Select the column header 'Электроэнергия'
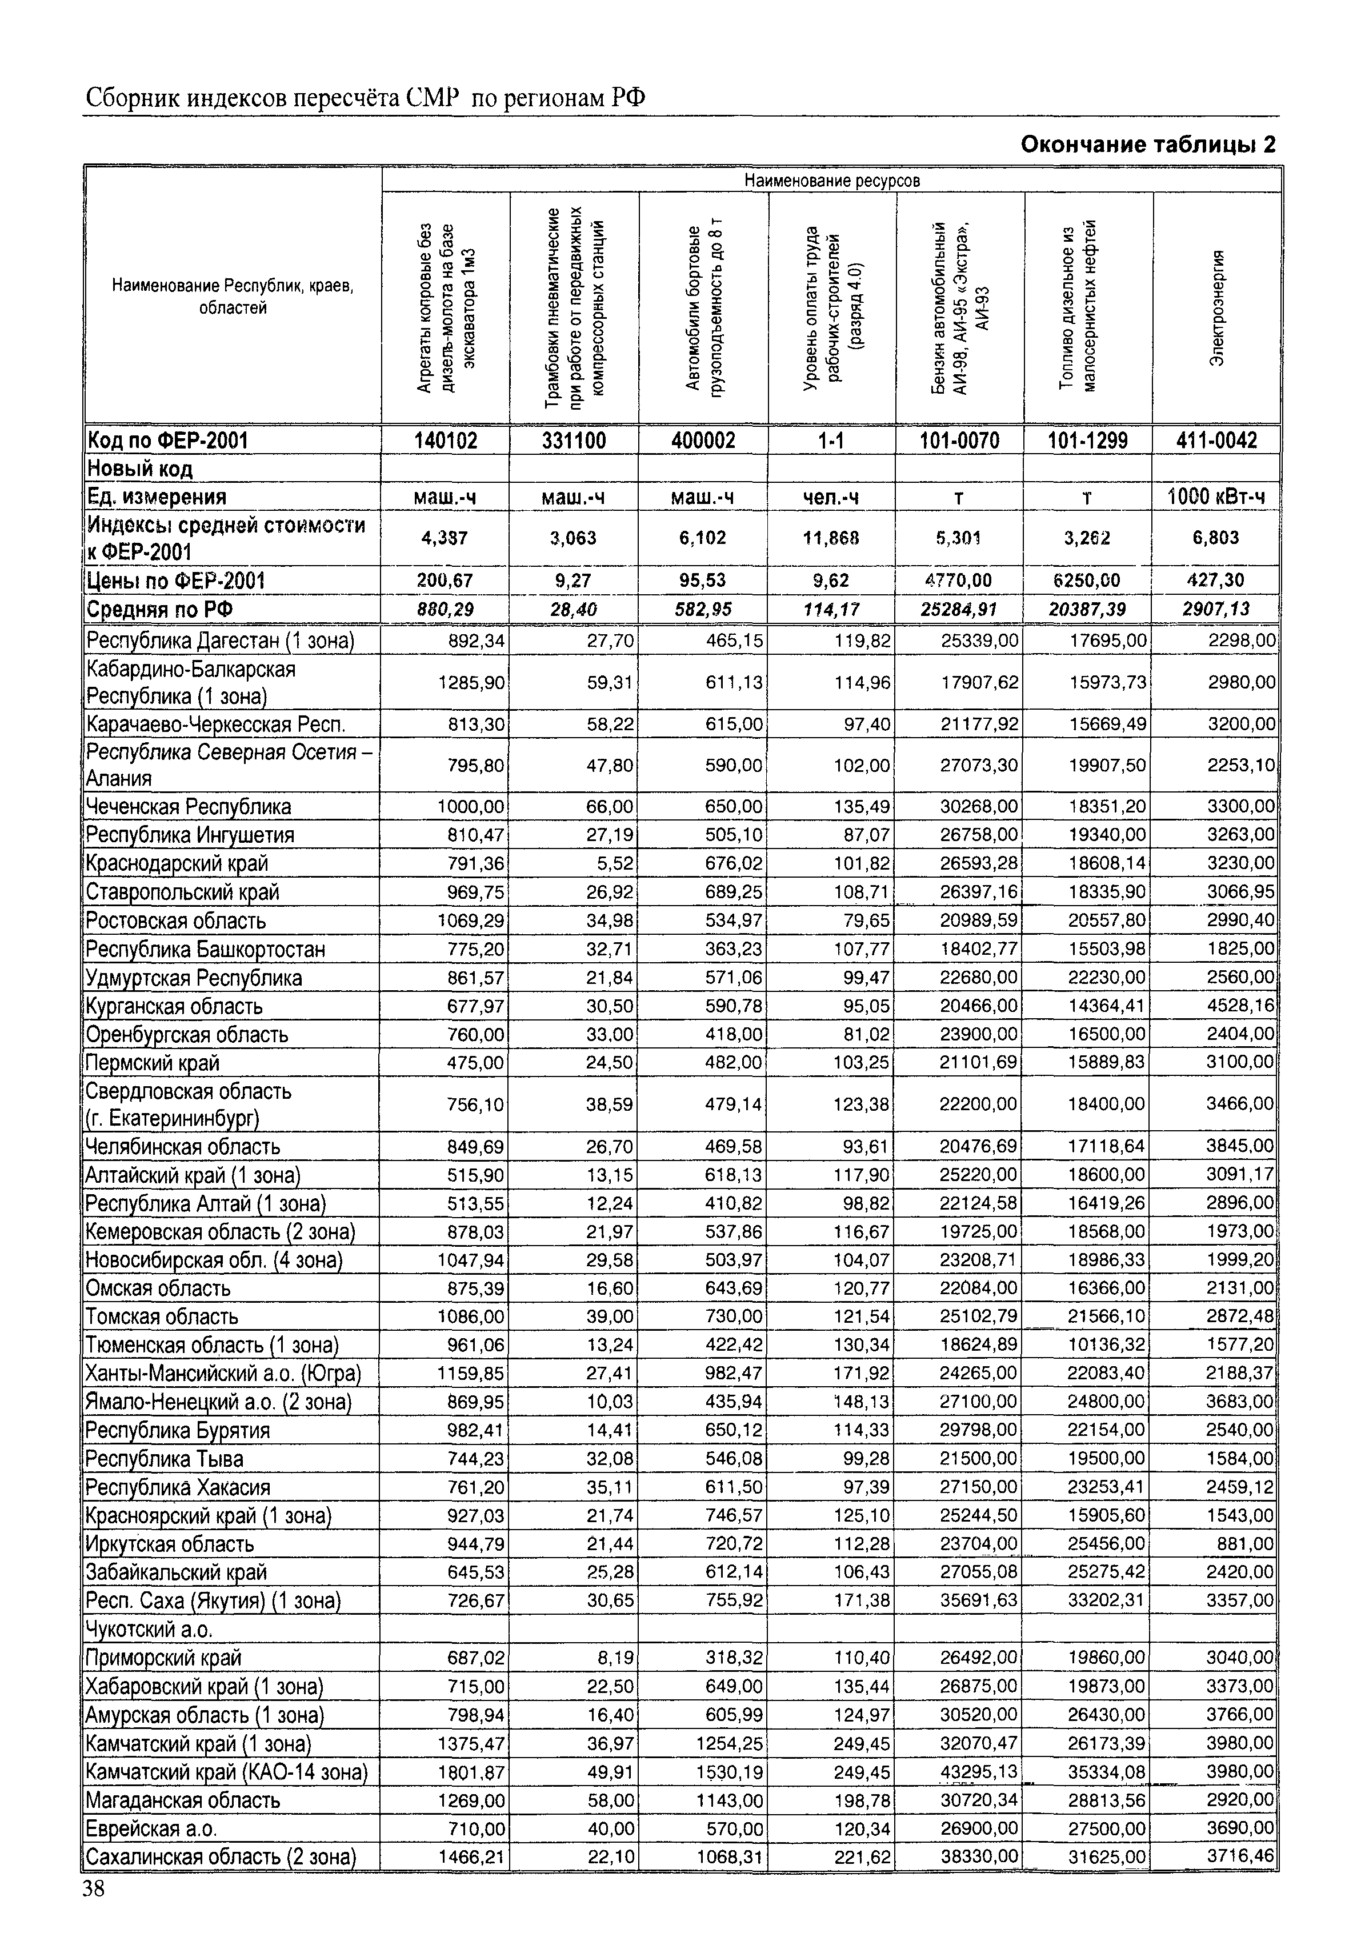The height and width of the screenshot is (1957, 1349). tap(1216, 308)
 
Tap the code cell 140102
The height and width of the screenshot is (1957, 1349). tap(446, 441)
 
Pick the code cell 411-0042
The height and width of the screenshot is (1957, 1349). tap(1216, 441)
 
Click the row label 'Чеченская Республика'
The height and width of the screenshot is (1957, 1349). tap(189, 806)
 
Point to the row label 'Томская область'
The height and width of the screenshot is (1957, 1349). tap(162, 1316)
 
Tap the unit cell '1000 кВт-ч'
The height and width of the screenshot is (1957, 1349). tap(1216, 497)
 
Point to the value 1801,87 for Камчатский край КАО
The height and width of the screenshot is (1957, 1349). tap(471, 1772)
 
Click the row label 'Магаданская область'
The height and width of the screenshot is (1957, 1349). tap(183, 1800)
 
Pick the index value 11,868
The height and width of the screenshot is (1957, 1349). tap(832, 538)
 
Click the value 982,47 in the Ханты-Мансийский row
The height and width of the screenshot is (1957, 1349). tap(734, 1373)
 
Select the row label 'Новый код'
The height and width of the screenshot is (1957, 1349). tap(141, 469)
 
